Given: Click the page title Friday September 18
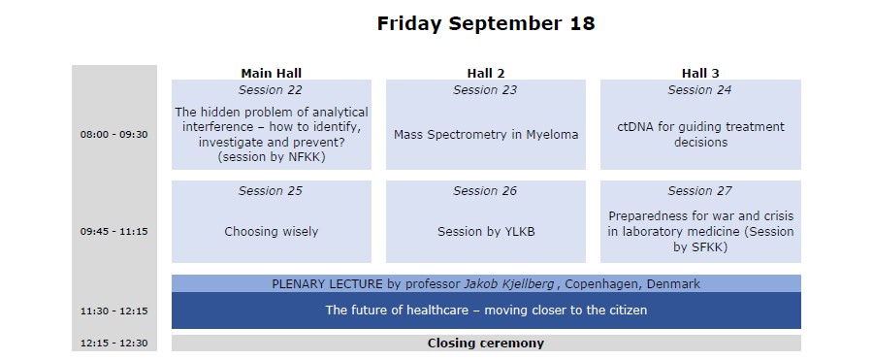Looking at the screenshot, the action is click(x=486, y=24).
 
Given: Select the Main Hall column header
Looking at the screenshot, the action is click(x=272, y=73).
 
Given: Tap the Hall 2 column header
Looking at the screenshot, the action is click(x=486, y=73).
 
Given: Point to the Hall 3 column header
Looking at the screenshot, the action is click(x=700, y=73).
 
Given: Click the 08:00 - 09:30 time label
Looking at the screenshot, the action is click(x=114, y=134).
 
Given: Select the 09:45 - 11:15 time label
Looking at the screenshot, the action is click(x=114, y=231).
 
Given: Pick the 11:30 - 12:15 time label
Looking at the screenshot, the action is click(x=114, y=311).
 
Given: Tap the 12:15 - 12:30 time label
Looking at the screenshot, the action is click(x=114, y=344).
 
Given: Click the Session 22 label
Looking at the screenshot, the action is click(x=271, y=89).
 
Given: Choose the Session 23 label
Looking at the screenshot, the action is click(x=485, y=89).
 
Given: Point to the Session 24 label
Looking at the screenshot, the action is click(x=699, y=89).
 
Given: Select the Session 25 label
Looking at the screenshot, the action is click(x=271, y=190).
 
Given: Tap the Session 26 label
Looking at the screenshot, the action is click(x=485, y=190).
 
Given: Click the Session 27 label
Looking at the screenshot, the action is click(x=699, y=190).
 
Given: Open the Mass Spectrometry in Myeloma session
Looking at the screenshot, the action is click(x=486, y=134).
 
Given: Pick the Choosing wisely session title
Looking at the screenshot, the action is click(x=272, y=231).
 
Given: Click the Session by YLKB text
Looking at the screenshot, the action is click(x=486, y=231).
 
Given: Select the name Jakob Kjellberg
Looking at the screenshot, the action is click(x=509, y=284).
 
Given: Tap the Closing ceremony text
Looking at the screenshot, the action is click(x=486, y=344).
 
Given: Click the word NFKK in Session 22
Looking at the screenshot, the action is click(x=306, y=157).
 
